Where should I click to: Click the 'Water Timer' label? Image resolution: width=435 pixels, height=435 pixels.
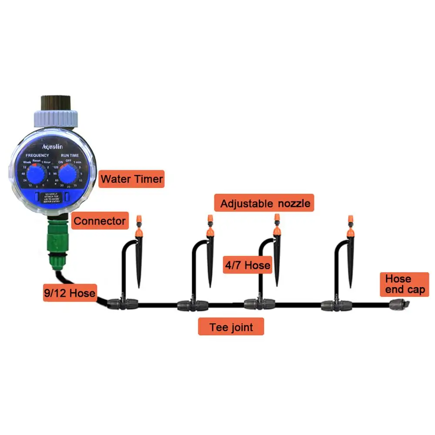[131, 179]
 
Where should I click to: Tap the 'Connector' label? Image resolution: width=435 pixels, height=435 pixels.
[99, 221]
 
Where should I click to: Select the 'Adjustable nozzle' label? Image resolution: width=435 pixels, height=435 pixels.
[265, 203]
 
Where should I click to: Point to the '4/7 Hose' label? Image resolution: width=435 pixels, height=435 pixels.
[248, 265]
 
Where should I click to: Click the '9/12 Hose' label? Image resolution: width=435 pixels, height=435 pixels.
[70, 293]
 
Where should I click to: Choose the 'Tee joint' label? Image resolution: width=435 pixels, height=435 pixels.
[231, 326]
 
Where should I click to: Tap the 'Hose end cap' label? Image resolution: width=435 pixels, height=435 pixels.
[404, 284]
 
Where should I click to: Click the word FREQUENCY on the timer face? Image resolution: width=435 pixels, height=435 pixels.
[37, 155]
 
